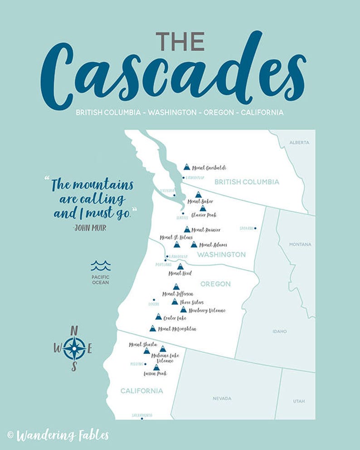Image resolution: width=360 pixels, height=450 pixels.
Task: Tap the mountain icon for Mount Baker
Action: pyautogui.click(x=198, y=194)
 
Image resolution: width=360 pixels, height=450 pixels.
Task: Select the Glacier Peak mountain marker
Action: pyautogui.click(x=203, y=208)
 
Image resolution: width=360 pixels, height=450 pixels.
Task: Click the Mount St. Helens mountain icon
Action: pyautogui.click(x=177, y=244)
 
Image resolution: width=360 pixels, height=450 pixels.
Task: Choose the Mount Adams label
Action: pyautogui.click(x=213, y=245)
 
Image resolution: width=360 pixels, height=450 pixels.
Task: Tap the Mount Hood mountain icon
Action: pyautogui.click(x=180, y=266)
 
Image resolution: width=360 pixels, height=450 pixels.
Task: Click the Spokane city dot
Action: pyautogui.click(x=255, y=228)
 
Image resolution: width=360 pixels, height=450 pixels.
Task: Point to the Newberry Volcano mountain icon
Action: pyautogui.click(x=183, y=310)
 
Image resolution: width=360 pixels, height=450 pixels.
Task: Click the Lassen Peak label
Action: pyautogui.click(x=155, y=373)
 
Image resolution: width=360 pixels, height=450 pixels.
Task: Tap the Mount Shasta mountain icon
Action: pyautogui.click(x=147, y=351)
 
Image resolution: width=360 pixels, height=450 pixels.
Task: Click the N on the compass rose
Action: pyautogui.click(x=74, y=330)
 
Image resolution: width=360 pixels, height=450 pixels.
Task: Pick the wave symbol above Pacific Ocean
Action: pyautogui.click(x=100, y=266)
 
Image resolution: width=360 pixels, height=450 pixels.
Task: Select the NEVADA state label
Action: pyautogui.click(x=222, y=398)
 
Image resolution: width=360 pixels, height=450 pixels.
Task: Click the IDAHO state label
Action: pyautogui.click(x=280, y=331)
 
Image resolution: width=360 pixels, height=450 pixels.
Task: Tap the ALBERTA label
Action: pyautogui.click(x=299, y=142)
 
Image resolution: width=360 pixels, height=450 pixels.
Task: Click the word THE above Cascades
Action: pyautogui.click(x=180, y=42)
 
